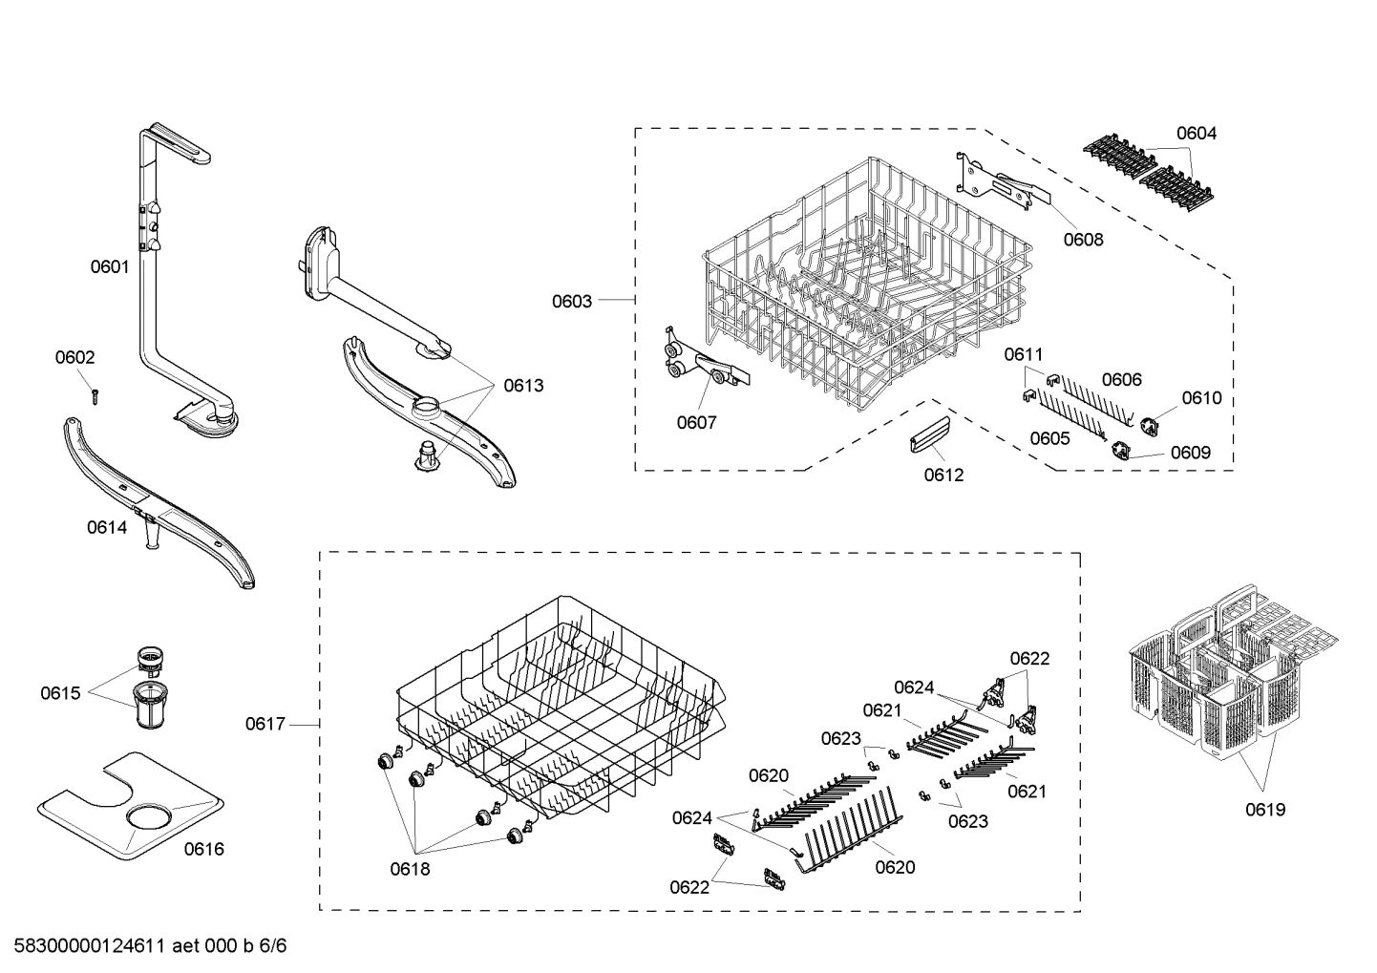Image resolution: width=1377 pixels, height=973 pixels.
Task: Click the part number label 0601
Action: (109, 267)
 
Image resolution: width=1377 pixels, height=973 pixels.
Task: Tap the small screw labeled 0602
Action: (95, 394)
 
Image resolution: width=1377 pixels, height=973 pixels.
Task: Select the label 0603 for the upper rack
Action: (572, 301)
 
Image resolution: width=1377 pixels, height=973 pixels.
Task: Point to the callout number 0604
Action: (1196, 134)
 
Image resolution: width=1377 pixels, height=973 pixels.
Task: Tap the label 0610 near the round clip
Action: (1201, 398)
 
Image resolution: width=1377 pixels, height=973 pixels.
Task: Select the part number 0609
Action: (1190, 453)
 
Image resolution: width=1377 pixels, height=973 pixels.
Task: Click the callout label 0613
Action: (523, 386)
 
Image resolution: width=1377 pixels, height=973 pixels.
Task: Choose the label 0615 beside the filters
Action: (60, 693)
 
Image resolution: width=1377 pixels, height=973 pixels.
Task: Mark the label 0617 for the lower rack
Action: (265, 725)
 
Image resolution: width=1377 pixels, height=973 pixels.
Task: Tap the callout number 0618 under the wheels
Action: (410, 869)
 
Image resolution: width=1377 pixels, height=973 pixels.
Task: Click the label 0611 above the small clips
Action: (1023, 354)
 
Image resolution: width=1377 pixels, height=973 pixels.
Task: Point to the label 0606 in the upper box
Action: (1121, 379)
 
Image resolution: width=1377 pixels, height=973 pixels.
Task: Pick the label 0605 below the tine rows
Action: (1049, 438)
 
